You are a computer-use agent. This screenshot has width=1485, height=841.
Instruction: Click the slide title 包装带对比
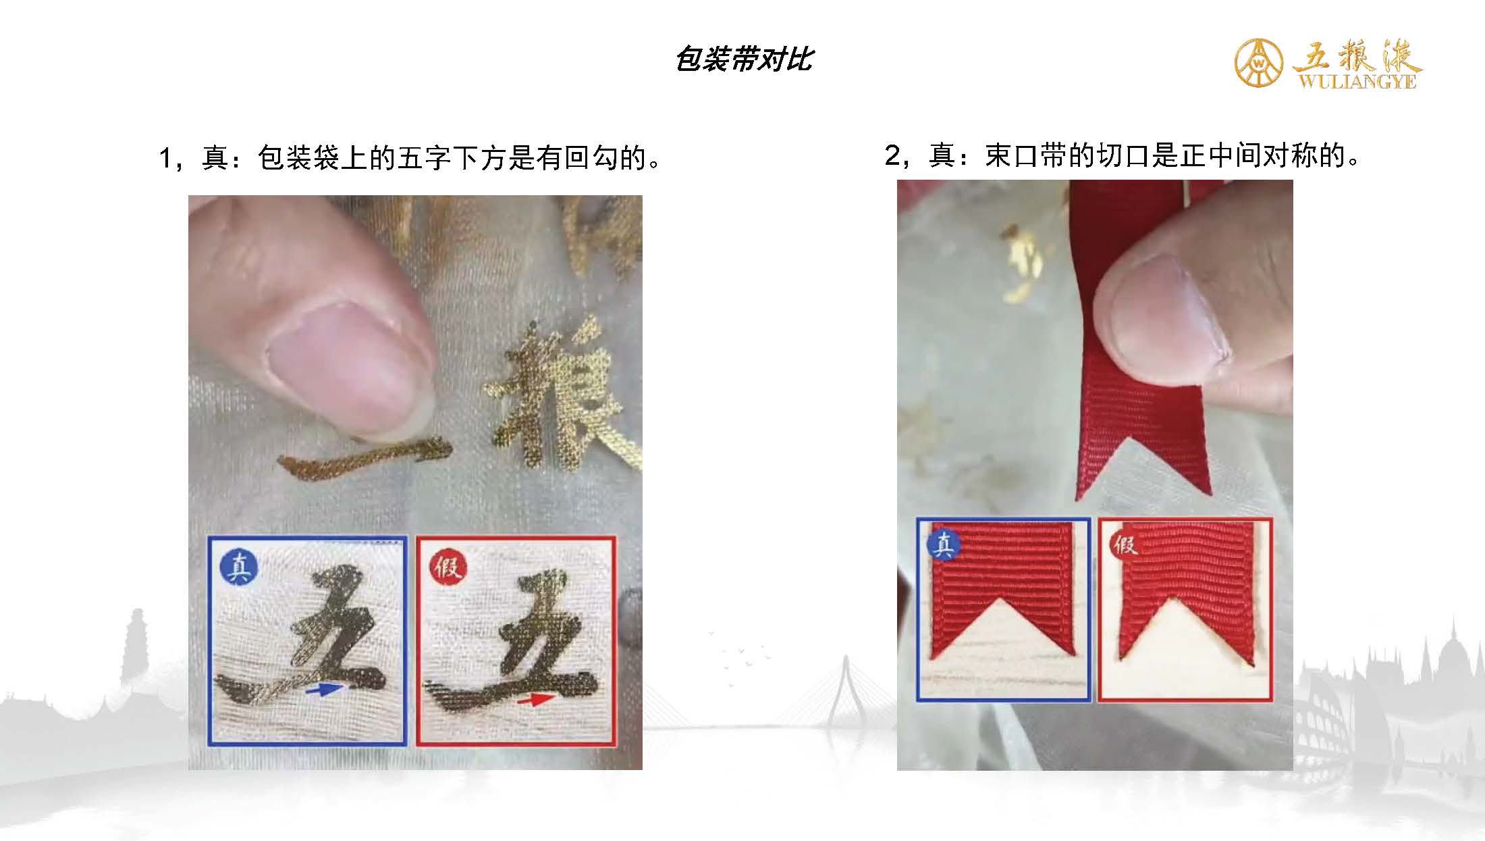click(x=744, y=59)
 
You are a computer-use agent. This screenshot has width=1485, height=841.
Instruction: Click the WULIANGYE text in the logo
click(x=1357, y=82)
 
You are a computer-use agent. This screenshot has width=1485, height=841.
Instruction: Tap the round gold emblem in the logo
click(x=1260, y=62)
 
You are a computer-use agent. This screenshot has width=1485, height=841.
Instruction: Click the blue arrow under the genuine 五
click(x=323, y=690)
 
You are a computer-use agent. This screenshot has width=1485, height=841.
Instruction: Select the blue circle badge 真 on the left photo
click(x=238, y=567)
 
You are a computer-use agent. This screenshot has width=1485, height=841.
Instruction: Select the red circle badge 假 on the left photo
click(x=448, y=567)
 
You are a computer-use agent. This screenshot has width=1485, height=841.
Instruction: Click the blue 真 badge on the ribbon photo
click(x=944, y=544)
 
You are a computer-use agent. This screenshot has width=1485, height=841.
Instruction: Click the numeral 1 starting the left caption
click(x=165, y=159)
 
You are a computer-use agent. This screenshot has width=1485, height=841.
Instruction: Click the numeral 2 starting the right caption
click(x=892, y=156)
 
